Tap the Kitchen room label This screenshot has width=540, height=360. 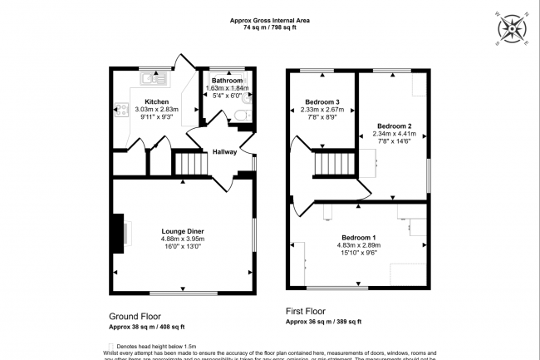click(x=134, y=101)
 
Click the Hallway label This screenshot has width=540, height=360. click(x=224, y=152)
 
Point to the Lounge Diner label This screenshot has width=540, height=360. click(x=183, y=231)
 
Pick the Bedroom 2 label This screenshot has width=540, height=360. click(x=393, y=126)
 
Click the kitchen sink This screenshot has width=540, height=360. click(x=154, y=79)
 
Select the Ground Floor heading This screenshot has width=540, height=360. click(x=135, y=317)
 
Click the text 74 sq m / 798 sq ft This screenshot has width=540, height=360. click(x=270, y=27)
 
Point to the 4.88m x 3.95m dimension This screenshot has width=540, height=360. click(x=183, y=239)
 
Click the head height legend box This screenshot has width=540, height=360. click(x=112, y=346)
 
